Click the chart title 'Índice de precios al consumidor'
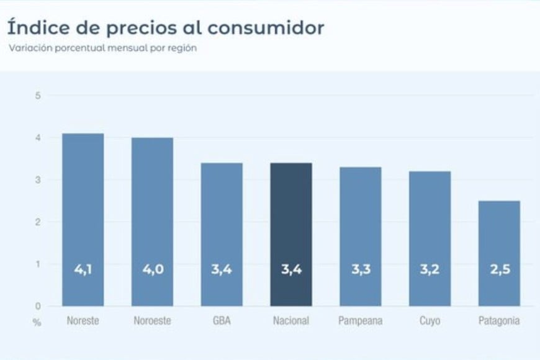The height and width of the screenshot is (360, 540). (166, 29)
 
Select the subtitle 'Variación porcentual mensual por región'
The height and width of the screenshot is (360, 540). (102, 48)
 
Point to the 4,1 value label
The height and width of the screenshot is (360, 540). (83, 270)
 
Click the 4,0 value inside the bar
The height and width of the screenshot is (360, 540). (153, 270)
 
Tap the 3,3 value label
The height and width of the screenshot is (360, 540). (361, 270)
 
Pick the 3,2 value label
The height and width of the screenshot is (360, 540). (430, 270)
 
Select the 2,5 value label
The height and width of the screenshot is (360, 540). (499, 270)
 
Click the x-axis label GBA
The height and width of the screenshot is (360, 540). (222, 321)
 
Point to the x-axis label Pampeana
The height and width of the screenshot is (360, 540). (361, 321)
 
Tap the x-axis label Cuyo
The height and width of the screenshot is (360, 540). (430, 321)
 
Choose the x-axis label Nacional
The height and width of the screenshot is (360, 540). (291, 321)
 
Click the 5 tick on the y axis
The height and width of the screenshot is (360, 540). (38, 96)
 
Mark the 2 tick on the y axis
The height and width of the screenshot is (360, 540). (38, 222)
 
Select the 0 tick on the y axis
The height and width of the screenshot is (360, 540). (38, 306)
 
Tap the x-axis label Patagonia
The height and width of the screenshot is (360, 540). (499, 321)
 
